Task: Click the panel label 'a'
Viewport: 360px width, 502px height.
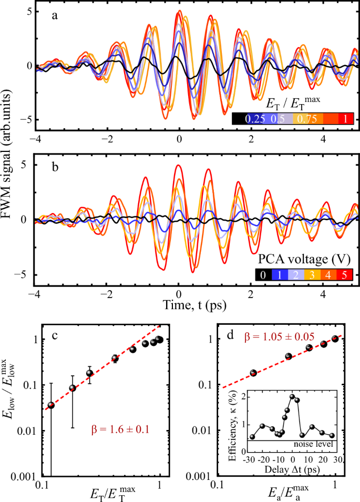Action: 54,15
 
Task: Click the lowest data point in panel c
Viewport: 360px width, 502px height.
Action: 51,405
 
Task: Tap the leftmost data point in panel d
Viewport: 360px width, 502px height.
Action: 253,373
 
